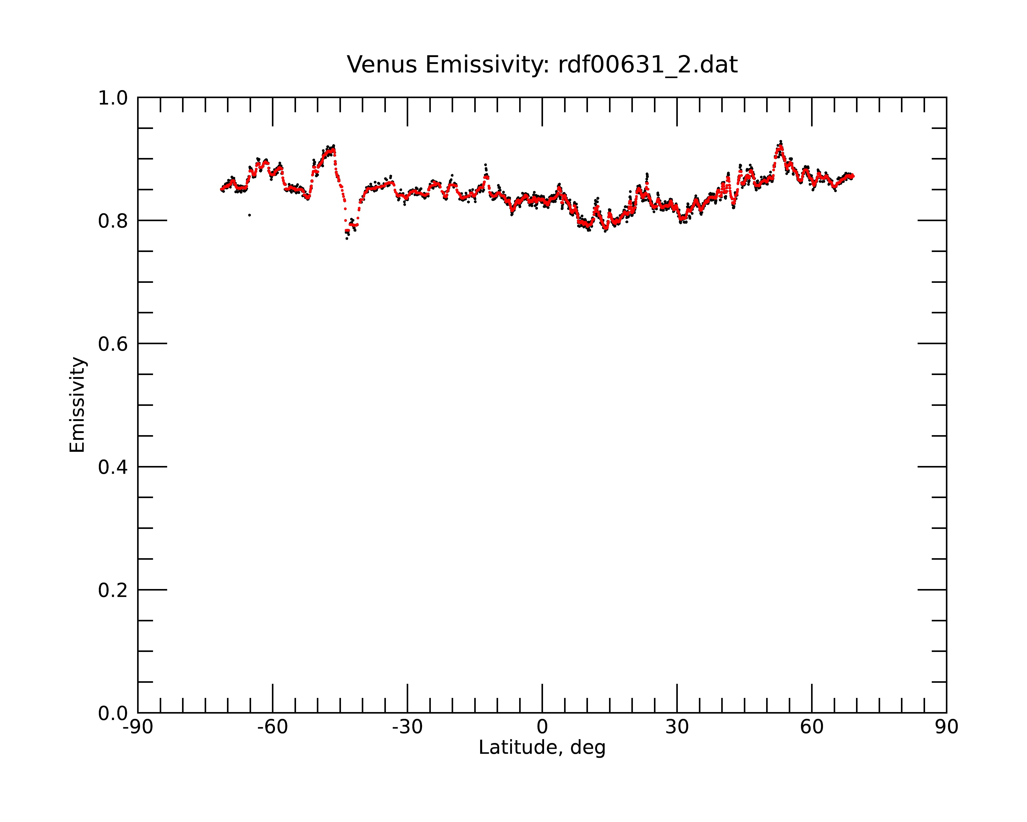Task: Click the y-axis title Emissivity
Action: click(77, 405)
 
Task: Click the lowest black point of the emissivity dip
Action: click(347, 238)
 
